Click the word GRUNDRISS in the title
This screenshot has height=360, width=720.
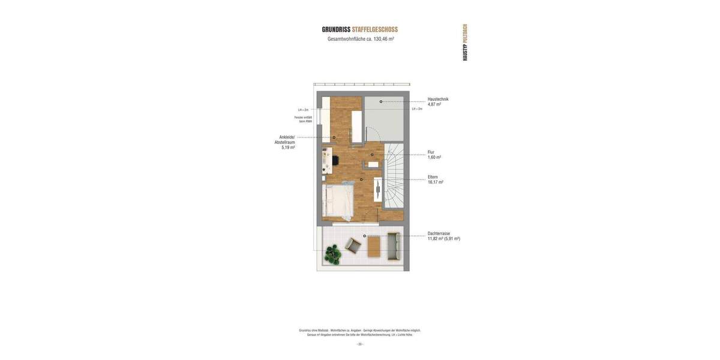tap(336, 29)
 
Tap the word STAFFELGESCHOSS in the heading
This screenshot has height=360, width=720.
tap(375, 29)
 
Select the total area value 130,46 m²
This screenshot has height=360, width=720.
tap(383, 39)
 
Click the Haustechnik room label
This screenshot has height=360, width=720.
tap(438, 99)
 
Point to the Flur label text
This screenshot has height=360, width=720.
tap(431, 152)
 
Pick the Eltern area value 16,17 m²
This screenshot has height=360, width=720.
tap(436, 182)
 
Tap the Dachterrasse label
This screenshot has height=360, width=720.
tap(439, 233)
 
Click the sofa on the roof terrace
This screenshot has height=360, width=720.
tap(394, 246)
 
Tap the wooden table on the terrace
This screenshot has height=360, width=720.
tap(374, 246)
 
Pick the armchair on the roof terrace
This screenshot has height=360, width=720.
tap(353, 245)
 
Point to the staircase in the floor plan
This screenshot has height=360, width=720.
tap(394, 177)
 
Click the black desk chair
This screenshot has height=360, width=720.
tap(335, 160)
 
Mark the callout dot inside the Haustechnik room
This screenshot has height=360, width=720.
tap(381, 102)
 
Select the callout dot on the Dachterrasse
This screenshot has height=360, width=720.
tap(364, 236)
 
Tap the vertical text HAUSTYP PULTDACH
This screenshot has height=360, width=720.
tap(465, 42)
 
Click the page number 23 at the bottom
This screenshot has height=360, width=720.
tap(360, 344)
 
